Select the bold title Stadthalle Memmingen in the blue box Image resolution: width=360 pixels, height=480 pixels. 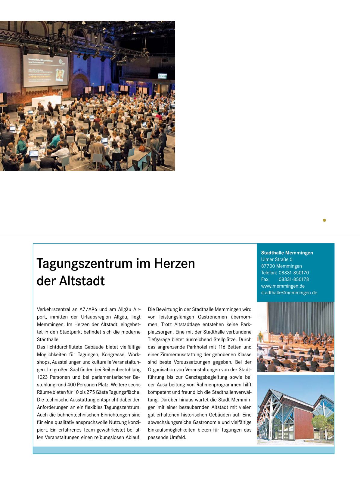click(287, 253)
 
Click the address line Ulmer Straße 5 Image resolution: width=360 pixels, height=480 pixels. click(277, 259)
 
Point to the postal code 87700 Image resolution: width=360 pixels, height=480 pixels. click(268, 266)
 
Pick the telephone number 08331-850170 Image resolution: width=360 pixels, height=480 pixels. click(293, 273)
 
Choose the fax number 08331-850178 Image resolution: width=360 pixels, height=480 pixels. click(293, 279)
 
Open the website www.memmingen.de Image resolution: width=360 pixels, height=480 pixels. click(283, 286)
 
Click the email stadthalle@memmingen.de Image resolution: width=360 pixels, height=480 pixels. click(289, 293)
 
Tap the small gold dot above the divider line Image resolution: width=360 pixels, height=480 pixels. click(324, 220)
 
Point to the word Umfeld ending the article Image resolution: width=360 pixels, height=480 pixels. click(178, 437)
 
